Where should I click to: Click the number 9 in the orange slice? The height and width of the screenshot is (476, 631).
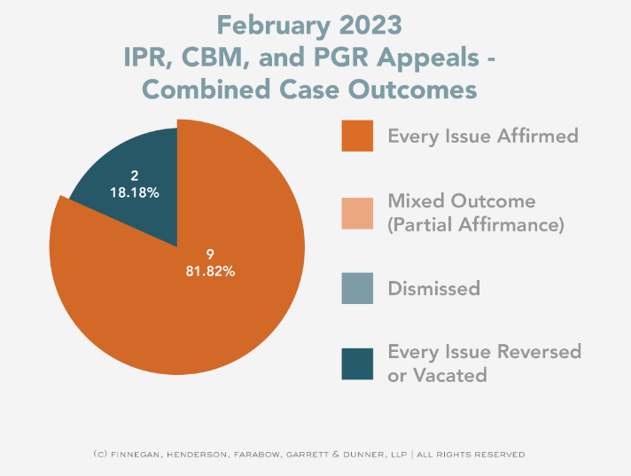pos(210,254)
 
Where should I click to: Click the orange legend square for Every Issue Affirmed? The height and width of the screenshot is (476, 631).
pos(358,137)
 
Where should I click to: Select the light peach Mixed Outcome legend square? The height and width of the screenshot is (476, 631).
pos(358,213)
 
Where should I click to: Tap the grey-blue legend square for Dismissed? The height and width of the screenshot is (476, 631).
pos(358,289)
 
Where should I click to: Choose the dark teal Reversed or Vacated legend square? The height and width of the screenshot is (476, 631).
pos(358,363)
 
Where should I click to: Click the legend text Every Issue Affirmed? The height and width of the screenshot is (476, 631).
pos(483,137)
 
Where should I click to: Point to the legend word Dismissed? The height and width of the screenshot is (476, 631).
pos(434,289)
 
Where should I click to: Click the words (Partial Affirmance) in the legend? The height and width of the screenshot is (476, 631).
pos(476,225)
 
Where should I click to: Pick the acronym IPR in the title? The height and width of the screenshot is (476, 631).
pos(146,59)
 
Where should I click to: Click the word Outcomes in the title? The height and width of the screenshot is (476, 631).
pos(416,90)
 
